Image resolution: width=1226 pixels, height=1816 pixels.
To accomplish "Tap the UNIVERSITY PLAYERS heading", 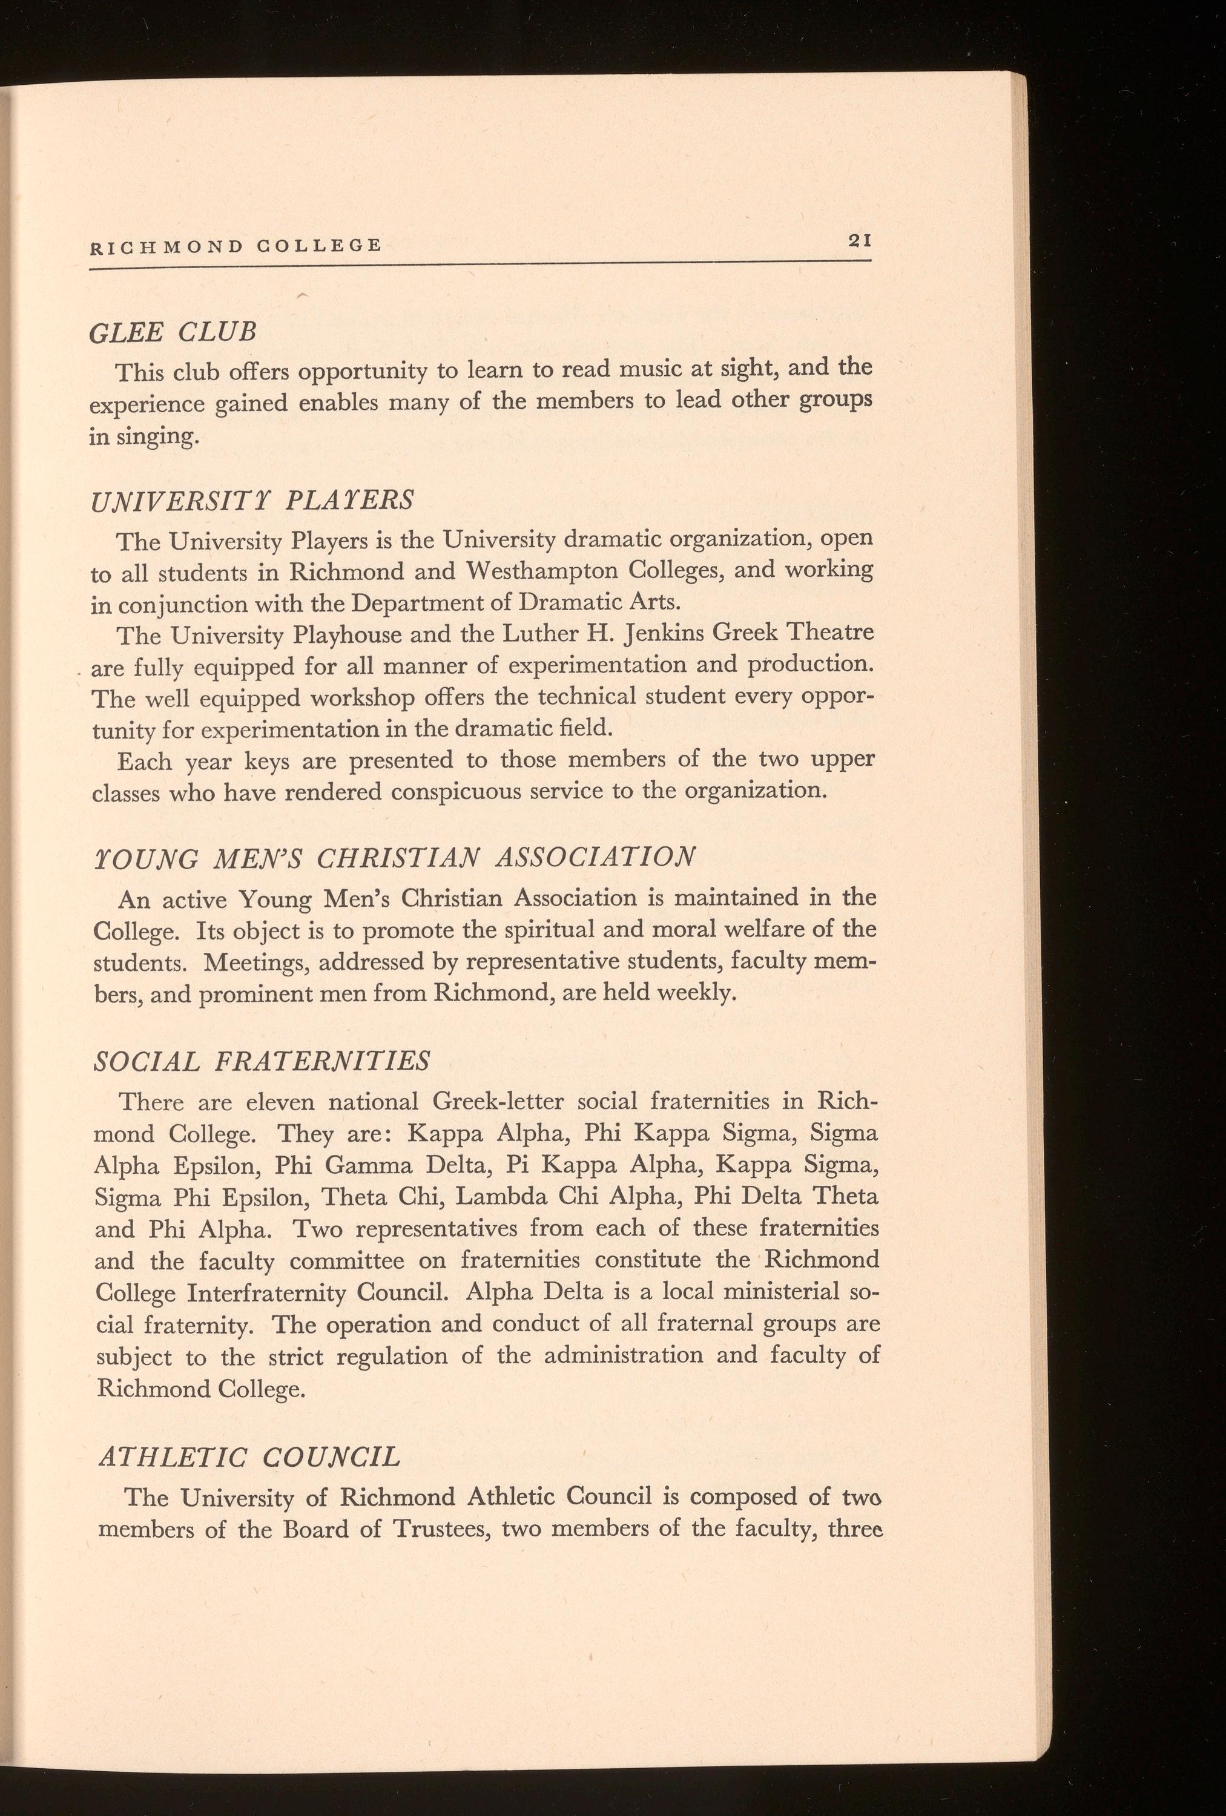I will tap(252, 500).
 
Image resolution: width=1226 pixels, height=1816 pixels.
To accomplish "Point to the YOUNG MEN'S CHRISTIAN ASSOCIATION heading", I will tap(392, 857).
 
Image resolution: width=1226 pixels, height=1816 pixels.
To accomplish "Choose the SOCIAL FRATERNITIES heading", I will tap(262, 1061).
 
